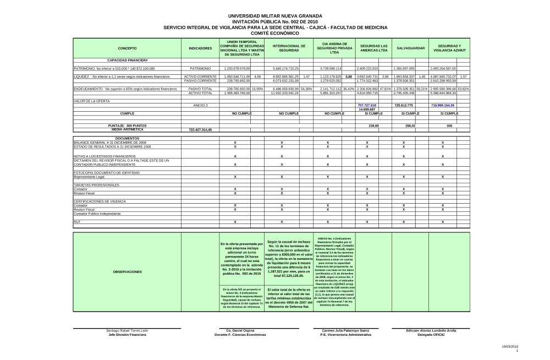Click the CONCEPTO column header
pos(127,48)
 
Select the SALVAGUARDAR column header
pos(410,48)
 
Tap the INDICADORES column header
pos(200,48)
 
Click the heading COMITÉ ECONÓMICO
pos(275,33)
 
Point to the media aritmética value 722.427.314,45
pos(200,129)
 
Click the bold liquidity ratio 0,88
pos(349,77)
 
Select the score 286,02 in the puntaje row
pos(410,126)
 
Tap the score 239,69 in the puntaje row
pos(374,126)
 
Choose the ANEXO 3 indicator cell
pos(200,105)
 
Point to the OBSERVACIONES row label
pos(127,272)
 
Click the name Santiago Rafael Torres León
pos(127,330)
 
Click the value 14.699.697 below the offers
pos(367,109)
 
